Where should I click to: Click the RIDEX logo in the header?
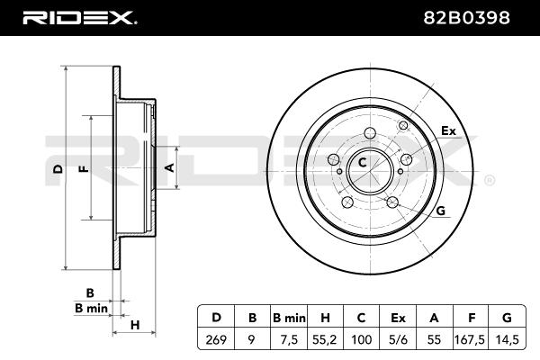[78, 17]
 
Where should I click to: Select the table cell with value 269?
[216, 339]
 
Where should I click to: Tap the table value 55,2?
[325, 339]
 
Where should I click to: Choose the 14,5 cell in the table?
[508, 339]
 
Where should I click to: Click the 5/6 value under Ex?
[399, 339]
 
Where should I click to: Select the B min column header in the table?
[290, 318]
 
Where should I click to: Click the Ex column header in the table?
[399, 318]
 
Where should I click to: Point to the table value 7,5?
[290, 339]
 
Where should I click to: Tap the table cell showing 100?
[362, 339]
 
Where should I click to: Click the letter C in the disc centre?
[363, 163]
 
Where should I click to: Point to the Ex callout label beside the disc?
[447, 132]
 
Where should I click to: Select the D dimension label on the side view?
[57, 168]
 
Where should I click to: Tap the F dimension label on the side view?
[84, 168]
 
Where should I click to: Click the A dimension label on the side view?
[167, 166]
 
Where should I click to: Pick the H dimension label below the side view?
[135, 324]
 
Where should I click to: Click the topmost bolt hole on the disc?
[369, 134]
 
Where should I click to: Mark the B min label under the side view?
[91, 308]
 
